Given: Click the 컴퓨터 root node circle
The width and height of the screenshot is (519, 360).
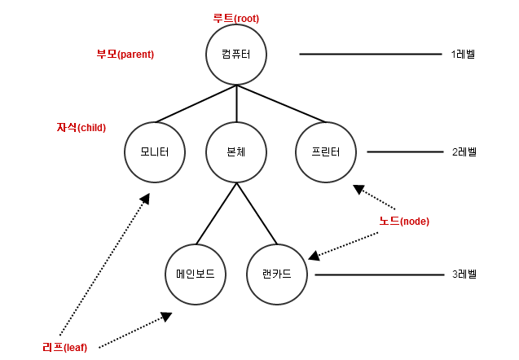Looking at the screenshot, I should click(236, 54).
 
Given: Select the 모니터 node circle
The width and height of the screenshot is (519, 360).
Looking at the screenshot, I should click(155, 151).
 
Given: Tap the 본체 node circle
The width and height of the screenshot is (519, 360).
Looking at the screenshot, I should click(236, 151).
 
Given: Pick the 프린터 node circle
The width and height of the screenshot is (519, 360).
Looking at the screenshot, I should click(326, 151).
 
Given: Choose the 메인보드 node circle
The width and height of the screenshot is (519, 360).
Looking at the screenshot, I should click(196, 274).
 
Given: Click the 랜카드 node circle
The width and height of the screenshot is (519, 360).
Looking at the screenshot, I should click(277, 274).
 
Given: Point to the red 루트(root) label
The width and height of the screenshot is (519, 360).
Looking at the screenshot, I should click(235, 18).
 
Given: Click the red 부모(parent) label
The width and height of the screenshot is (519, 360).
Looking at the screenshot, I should click(125, 55).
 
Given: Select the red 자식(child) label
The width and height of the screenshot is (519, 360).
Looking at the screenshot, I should click(81, 128).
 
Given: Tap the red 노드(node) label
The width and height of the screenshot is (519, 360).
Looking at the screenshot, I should click(404, 221).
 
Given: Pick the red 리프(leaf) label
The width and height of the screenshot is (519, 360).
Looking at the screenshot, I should click(70, 347).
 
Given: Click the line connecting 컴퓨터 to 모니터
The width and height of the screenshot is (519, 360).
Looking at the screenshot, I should click(196, 103).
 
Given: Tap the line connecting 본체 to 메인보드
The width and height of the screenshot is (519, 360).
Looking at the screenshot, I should click(216, 213).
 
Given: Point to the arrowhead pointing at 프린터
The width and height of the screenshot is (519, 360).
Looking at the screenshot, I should click(358, 190).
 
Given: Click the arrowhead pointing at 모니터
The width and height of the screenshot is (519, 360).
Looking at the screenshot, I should click(145, 199).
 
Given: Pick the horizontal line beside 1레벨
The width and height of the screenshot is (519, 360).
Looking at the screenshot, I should click(371, 55).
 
